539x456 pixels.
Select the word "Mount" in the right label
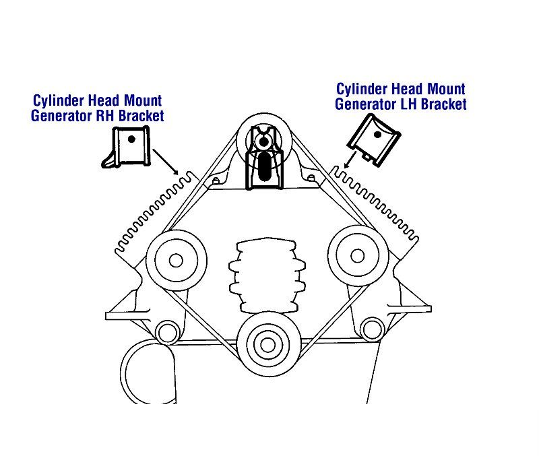coord(446,89)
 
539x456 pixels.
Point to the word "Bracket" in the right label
coord(444,104)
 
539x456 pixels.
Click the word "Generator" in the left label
coord(62,116)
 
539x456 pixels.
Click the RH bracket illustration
coord(127,147)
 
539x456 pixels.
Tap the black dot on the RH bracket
coord(131,139)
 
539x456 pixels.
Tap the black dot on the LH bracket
coord(377,134)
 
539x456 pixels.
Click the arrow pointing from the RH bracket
coord(165,162)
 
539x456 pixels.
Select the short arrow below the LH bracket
coord(350,160)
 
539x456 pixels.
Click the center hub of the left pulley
coord(176,261)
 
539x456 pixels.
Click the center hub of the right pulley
coord(358,256)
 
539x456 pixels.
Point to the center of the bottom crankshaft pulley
coord(267,344)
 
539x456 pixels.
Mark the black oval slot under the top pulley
coord(265,166)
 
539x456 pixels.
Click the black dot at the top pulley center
coord(263,141)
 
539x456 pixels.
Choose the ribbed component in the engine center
coord(267,275)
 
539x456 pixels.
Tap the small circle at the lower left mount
coord(168,333)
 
